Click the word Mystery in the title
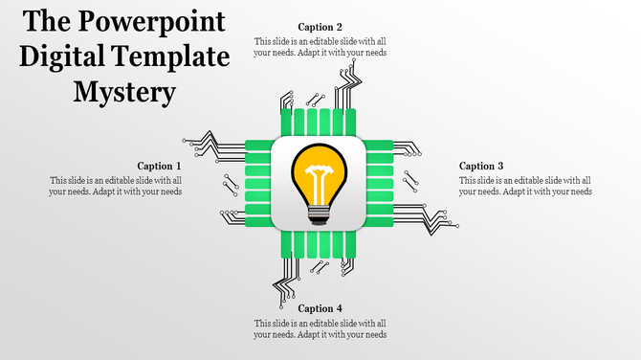pos(125,92)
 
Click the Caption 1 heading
pos(159,166)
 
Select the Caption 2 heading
pos(320,27)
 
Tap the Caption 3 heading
pos(481,166)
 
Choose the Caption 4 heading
pos(320,308)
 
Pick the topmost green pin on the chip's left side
pos(258,145)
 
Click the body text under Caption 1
pos(116,186)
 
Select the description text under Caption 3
pos(525,186)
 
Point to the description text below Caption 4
pos(320,328)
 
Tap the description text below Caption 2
pos(320,47)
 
